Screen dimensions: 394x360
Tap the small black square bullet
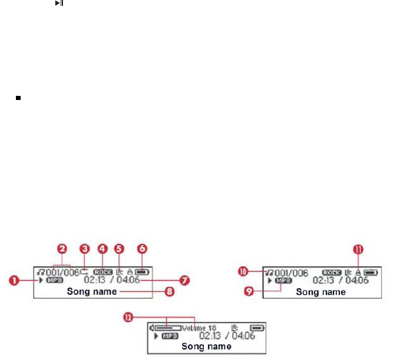click(x=19, y=98)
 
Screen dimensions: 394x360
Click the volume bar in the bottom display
click(x=168, y=327)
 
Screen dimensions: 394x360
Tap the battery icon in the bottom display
click(x=257, y=327)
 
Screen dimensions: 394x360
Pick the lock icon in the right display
click(x=357, y=272)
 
